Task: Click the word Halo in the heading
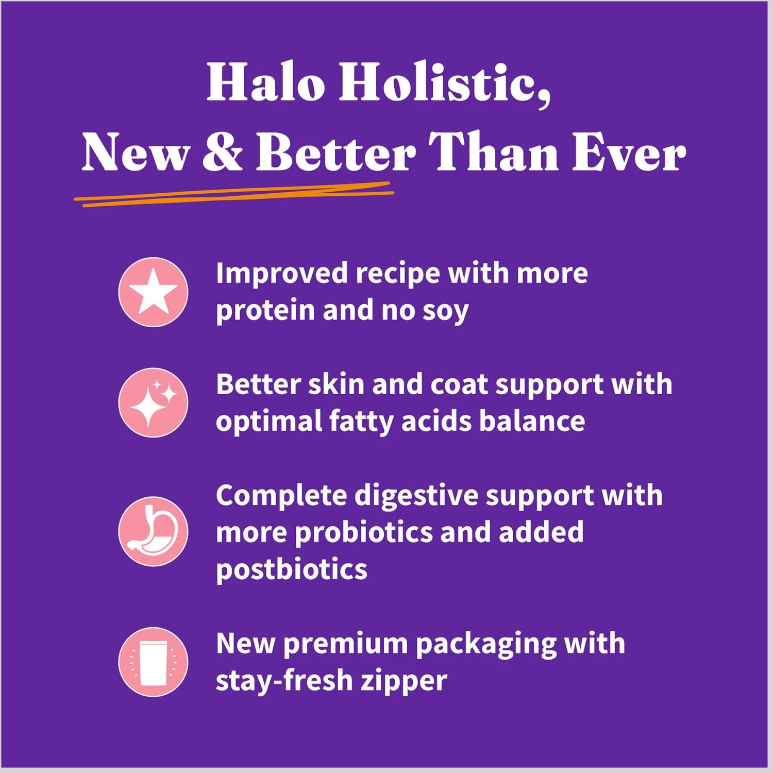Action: point(266,82)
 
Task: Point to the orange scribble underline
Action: point(234,194)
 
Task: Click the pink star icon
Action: point(153,292)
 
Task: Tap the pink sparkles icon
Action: point(153,402)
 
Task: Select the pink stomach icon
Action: point(153,531)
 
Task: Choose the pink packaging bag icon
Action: point(153,662)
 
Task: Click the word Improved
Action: point(282,274)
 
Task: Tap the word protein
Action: point(265,311)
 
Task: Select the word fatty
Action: point(361,422)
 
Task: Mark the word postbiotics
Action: point(292,570)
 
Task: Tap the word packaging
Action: point(486,645)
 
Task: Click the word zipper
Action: point(404,682)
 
